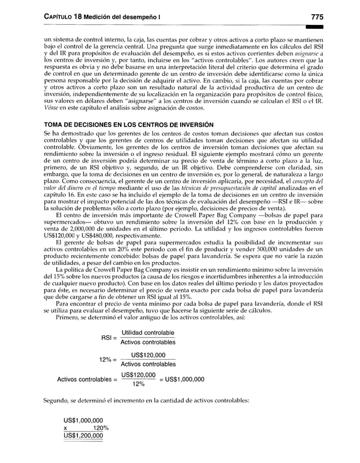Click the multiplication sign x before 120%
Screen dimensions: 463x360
coord(66,427)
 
